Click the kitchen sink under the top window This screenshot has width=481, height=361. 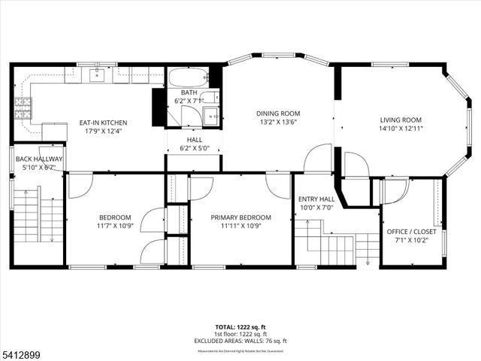click(x=97, y=74)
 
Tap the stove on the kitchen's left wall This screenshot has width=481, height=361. click(x=23, y=110)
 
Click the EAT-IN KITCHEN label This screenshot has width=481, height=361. click(x=103, y=123)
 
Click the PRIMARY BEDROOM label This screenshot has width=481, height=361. click(x=240, y=217)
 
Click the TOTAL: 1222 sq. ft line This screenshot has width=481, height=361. click(x=240, y=327)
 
